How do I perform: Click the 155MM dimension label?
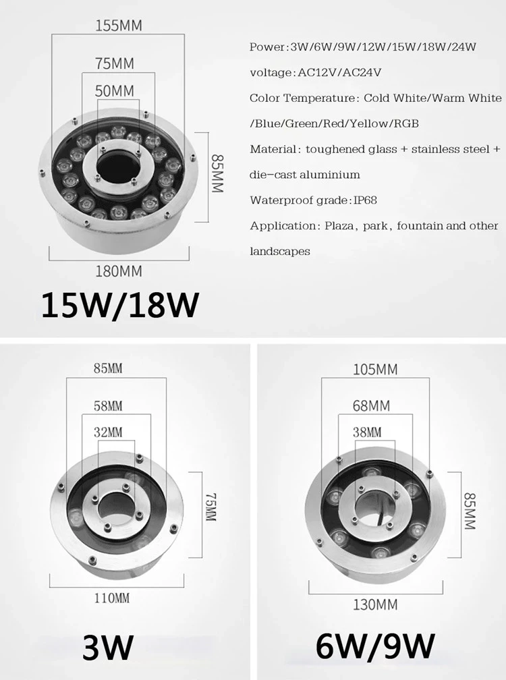(118, 26)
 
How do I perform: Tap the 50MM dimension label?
(115, 91)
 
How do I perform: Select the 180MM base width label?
(119, 271)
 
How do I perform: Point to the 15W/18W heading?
(120, 305)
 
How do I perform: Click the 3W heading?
(107, 647)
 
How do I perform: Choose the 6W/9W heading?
(374, 646)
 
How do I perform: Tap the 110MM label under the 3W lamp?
(112, 598)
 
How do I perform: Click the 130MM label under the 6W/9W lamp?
(375, 604)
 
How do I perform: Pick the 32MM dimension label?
(108, 432)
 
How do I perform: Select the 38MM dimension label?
(367, 432)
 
